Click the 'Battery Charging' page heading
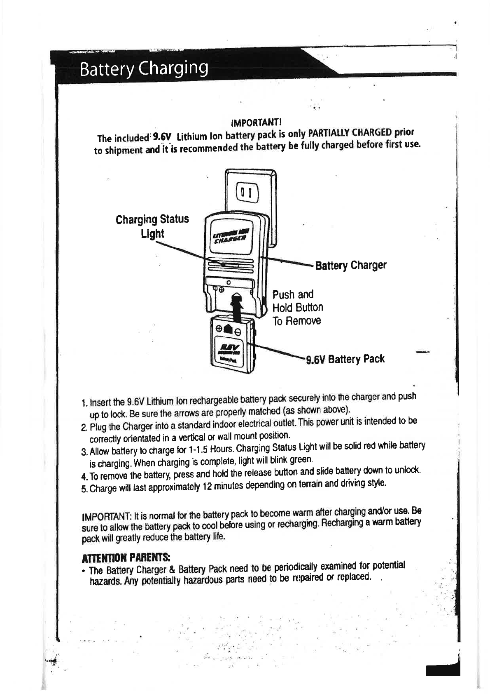(144, 68)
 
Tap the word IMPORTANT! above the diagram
(256, 122)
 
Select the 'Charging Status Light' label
(152, 226)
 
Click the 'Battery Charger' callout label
(351, 265)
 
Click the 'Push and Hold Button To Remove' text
(298, 307)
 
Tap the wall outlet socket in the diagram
(246, 193)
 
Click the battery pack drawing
(231, 345)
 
